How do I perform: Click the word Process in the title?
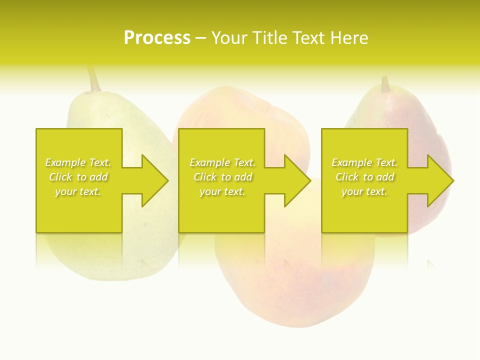coord(157,38)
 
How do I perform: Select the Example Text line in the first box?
coord(78,162)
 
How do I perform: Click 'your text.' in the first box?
coord(78,191)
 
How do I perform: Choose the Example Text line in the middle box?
coord(222,162)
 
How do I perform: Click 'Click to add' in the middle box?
coord(222,177)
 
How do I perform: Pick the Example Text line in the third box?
coord(364,162)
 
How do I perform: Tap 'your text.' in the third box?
coord(364,191)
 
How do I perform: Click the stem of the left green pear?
coord(93,79)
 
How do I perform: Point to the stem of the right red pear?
coord(385,84)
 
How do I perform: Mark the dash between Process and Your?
coord(200,38)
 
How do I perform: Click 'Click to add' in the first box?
coord(78,177)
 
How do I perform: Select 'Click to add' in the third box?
coord(364,177)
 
